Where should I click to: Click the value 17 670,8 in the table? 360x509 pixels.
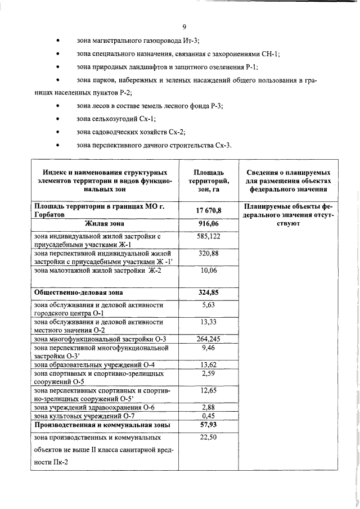(x=208, y=210)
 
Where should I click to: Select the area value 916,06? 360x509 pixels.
(x=208, y=224)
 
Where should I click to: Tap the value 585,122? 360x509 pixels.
(x=208, y=237)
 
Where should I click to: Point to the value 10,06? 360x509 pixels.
(x=208, y=271)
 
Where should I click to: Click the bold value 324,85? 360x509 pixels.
(x=208, y=292)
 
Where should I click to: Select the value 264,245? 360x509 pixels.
(x=208, y=339)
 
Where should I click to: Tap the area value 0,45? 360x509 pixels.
(x=208, y=416)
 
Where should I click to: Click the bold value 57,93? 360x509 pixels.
(x=208, y=425)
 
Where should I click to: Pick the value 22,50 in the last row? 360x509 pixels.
(x=208, y=436)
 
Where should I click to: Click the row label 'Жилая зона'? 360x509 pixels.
(x=103, y=224)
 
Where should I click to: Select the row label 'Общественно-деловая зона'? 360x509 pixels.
(x=79, y=293)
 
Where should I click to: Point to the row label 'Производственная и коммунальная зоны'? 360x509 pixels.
(x=102, y=425)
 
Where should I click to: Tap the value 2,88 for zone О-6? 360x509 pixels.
(x=208, y=407)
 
